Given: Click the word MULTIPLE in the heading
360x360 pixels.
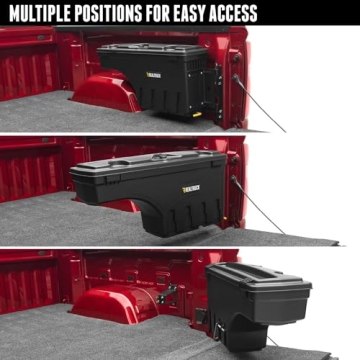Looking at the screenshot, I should tap(43, 13).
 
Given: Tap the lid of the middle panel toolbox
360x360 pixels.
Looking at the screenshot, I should tap(150, 164).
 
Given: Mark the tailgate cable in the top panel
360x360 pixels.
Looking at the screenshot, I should tap(262, 108).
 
